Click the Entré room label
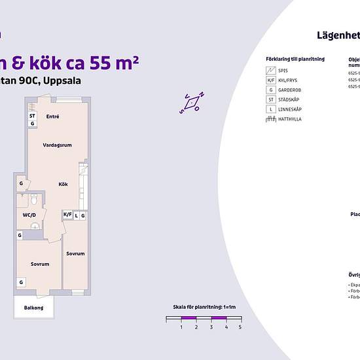53,117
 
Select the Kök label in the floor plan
63,184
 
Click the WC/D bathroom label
29,214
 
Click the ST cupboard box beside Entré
32,116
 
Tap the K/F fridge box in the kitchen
67,215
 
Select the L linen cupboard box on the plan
76,215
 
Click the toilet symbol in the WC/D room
23,196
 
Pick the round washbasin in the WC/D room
35,226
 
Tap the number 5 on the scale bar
240,327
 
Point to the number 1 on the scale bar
181,327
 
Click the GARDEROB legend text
290,90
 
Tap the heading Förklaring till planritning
295,59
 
